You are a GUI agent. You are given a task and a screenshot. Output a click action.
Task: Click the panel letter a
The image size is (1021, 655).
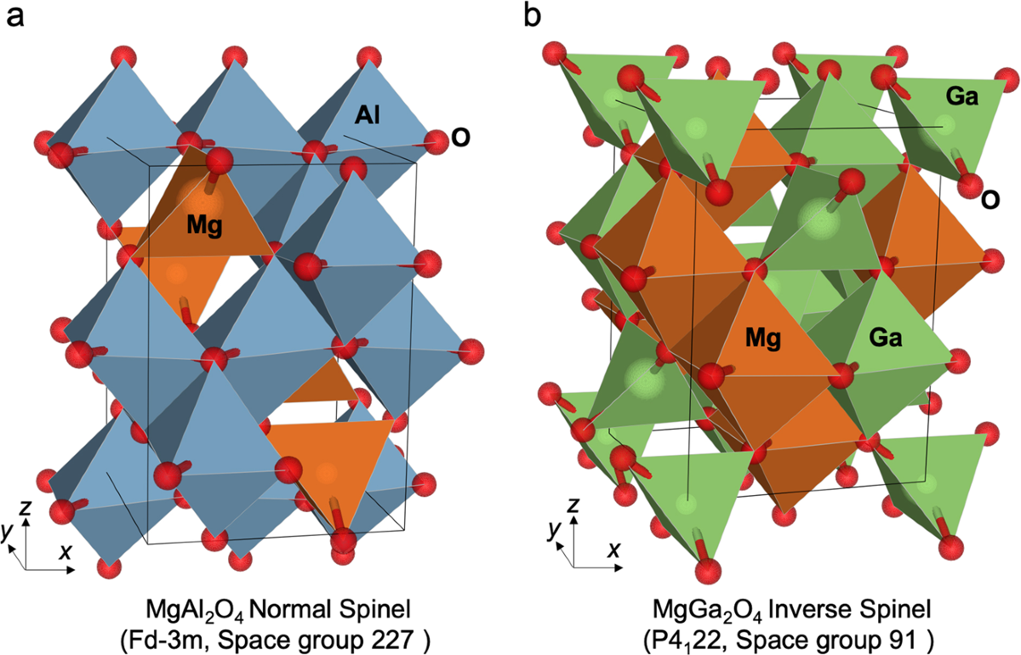[14, 17]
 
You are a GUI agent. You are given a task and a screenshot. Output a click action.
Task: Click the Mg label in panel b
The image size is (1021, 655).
[762, 338]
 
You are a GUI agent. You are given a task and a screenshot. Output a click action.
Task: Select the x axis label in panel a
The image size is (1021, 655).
[65, 550]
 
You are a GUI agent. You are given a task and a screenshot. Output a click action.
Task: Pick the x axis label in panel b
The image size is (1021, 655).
[612, 550]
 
